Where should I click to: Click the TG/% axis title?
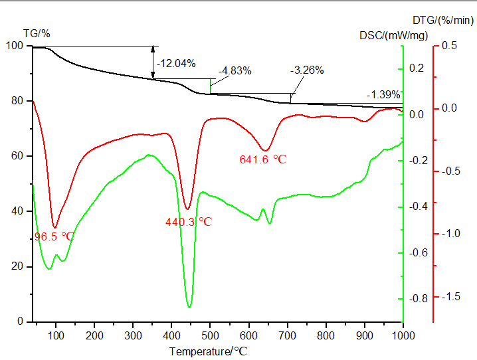tap(37, 33)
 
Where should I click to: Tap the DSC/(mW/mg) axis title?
tap(388, 35)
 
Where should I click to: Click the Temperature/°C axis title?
tap(208, 351)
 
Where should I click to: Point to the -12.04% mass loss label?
tap(176, 64)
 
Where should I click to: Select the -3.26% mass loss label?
tap(307, 70)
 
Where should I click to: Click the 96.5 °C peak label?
tap(54, 236)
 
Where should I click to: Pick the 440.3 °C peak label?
tap(189, 222)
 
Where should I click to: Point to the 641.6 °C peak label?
tap(262, 159)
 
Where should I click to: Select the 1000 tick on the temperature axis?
tap(403, 335)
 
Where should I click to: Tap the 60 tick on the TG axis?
tap(19, 156)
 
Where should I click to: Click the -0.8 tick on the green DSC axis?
tap(417, 298)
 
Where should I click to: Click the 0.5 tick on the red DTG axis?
tap(450, 45)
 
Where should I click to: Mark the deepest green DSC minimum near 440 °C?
tap(189, 307)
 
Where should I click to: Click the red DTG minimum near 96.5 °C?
tap(54, 227)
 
